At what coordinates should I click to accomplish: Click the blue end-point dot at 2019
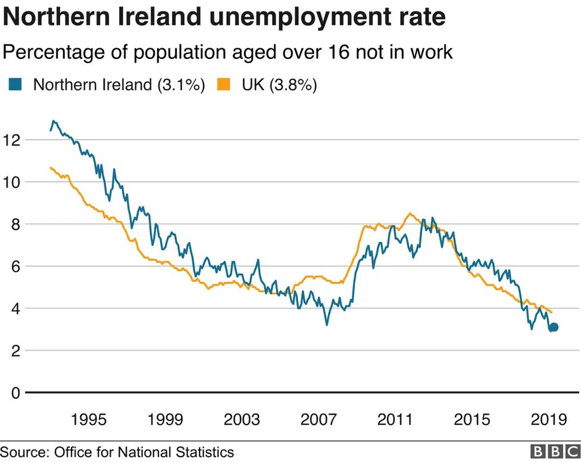(554, 327)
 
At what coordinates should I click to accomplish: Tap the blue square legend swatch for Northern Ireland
(15, 85)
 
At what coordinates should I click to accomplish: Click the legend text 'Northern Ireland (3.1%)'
(119, 85)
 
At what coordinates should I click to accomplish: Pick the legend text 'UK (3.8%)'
(279, 85)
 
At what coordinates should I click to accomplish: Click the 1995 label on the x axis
(89, 420)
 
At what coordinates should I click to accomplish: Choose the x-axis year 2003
(242, 420)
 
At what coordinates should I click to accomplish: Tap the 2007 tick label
(318, 420)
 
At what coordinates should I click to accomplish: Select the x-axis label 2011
(395, 420)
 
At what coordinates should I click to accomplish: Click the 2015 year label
(472, 420)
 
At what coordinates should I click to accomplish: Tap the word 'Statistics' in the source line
(205, 452)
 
